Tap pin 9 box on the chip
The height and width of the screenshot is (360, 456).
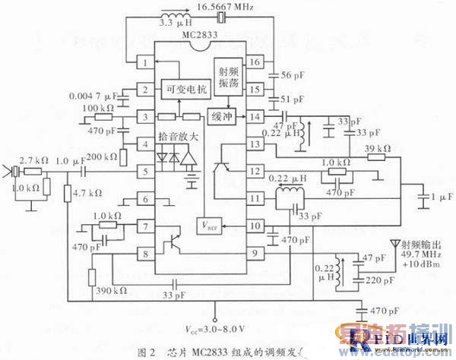tap(256, 253)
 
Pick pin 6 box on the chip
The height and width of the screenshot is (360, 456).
tap(142, 199)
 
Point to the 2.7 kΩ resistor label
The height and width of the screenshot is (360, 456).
tap(34, 161)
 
